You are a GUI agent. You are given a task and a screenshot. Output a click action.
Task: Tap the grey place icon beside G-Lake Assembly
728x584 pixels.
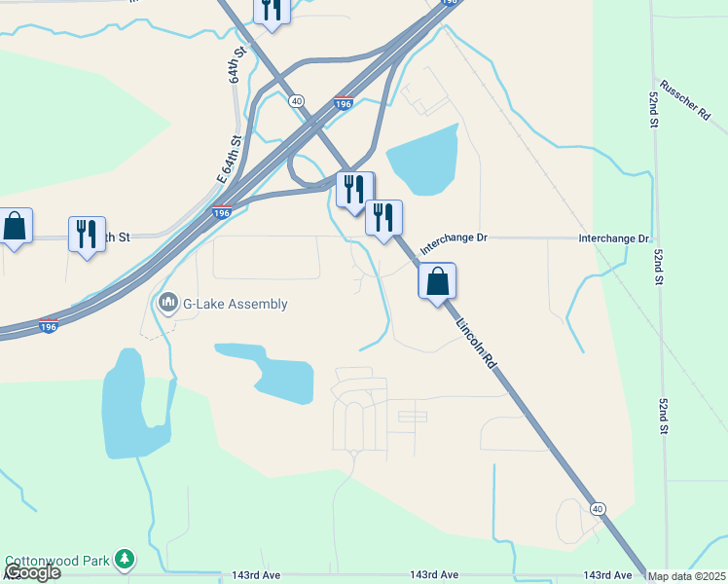click(x=167, y=304)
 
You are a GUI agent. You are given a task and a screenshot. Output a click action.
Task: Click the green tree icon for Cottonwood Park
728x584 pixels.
click(x=125, y=559)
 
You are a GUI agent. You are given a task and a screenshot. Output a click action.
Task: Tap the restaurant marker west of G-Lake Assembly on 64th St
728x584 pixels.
click(x=87, y=235)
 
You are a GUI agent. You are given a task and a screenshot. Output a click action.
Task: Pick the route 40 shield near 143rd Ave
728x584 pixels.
click(x=598, y=509)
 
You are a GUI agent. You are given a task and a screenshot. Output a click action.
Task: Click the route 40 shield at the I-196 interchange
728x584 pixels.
click(x=297, y=100)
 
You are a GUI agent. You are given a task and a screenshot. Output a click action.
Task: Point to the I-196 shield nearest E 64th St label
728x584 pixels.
click(x=222, y=212)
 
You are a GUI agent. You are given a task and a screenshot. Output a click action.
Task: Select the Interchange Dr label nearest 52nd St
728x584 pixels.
click(x=613, y=238)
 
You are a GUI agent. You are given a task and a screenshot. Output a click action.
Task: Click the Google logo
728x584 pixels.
click(x=31, y=572)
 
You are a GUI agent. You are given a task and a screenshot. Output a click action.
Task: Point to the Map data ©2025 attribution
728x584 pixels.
click(x=687, y=576)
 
